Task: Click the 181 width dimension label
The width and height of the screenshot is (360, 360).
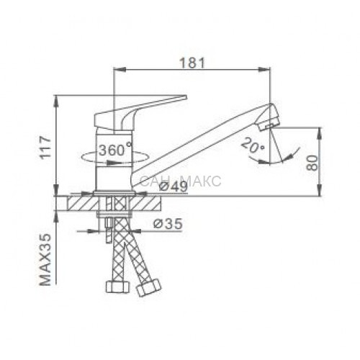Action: tap(192, 63)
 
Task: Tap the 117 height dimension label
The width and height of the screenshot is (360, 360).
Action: tap(45, 147)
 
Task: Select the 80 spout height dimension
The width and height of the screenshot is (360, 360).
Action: tap(312, 163)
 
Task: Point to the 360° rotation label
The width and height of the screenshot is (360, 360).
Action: tap(115, 150)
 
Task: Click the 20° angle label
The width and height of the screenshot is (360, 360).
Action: tap(253, 145)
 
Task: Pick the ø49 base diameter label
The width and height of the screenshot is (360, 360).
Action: tap(174, 186)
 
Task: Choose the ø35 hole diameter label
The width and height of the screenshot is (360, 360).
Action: tap(168, 224)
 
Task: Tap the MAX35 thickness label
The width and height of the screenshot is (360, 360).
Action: tap(45, 259)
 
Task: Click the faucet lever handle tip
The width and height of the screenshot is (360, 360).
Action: tap(185, 97)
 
